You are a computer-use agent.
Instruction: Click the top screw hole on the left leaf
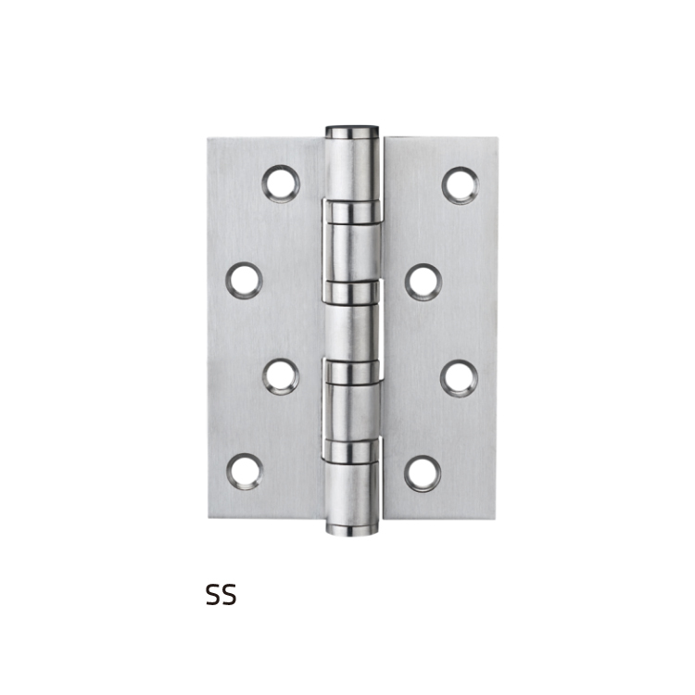(281, 184)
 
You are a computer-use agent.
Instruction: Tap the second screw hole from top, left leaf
(245, 280)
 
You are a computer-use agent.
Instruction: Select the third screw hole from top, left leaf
(281, 376)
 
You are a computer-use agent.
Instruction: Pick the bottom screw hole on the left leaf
(246, 472)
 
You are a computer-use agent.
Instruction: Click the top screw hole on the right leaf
(460, 184)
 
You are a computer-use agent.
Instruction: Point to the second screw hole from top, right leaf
(423, 282)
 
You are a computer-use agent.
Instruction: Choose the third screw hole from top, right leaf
(460, 378)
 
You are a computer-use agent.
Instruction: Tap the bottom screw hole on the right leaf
(423, 474)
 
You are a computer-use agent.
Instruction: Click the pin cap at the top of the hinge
(352, 132)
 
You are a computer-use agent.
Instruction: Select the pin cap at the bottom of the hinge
(352, 528)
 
